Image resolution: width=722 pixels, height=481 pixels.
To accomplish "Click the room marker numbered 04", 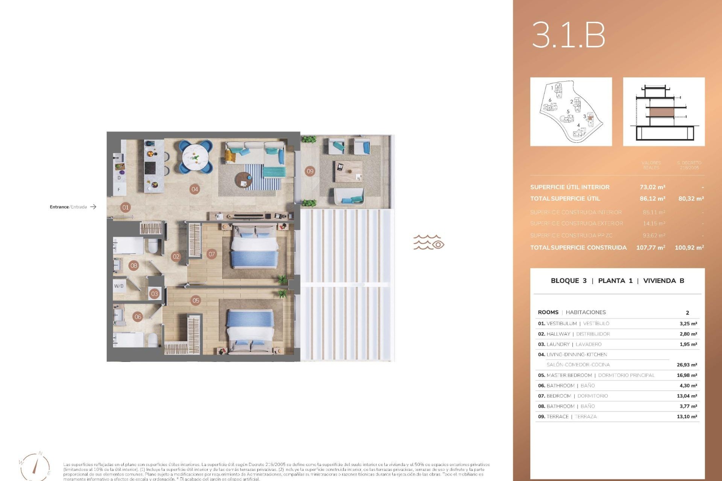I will tap(194, 189).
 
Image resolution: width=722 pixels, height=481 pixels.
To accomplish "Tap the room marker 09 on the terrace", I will tap(310, 171).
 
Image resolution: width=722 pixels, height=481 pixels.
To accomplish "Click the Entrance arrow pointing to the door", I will tap(93, 207).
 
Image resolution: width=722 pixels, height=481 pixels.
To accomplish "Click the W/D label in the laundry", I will tap(119, 286).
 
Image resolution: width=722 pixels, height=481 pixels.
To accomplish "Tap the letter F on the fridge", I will tap(119, 190).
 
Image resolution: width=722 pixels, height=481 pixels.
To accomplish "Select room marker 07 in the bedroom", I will tap(212, 254).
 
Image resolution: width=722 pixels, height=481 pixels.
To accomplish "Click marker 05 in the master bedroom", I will tap(196, 300).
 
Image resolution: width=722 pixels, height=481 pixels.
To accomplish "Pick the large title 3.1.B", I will tap(568, 35).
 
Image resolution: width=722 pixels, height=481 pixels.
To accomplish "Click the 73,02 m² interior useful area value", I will tap(652, 187).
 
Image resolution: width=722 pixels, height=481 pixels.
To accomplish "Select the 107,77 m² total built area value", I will tap(651, 248).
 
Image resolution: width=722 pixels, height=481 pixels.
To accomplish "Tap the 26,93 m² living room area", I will tap(687, 365).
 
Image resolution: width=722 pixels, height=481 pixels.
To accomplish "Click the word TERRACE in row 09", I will tap(557, 417).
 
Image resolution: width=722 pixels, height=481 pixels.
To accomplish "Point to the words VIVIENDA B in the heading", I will tap(663, 281).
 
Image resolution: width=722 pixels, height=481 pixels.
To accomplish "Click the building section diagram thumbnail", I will tap(664, 112).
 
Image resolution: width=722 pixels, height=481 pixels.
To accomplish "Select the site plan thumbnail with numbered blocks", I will tap(571, 112).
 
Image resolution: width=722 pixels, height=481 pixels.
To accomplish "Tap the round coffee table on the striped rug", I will tap(244, 180).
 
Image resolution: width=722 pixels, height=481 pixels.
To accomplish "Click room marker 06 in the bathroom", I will tap(138, 317).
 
